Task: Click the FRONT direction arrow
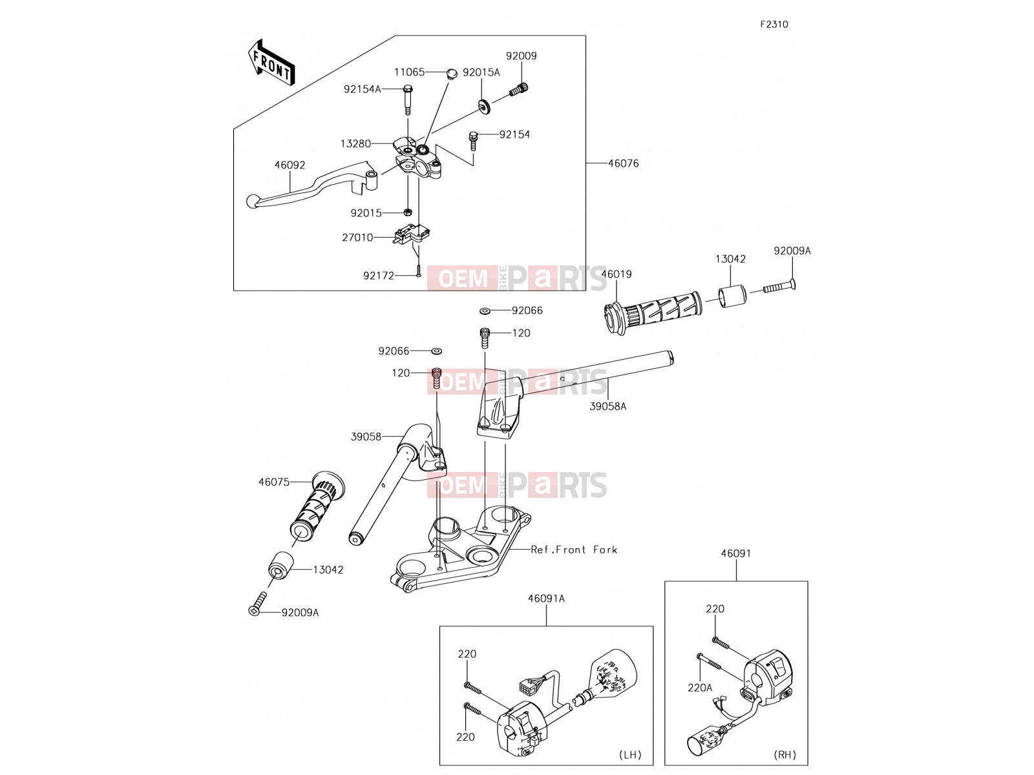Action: coord(271,63)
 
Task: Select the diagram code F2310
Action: coord(774,25)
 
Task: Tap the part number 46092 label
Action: coord(290,165)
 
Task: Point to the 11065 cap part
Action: coord(452,74)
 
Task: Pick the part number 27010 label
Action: coord(357,238)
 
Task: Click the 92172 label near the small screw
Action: coord(378,276)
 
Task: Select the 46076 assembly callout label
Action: coord(623,164)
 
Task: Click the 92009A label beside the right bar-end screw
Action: coord(792,251)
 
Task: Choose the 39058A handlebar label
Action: coord(607,407)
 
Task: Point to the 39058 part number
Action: coord(366,437)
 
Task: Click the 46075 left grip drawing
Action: coord(317,506)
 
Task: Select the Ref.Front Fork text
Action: coord(574,550)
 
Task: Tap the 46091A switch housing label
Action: coord(546,599)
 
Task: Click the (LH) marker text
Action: coord(630,755)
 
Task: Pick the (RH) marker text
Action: coord(785,755)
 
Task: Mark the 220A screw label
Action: coord(699,688)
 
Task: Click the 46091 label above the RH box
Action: coord(736,554)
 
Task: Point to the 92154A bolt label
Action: coord(363,89)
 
